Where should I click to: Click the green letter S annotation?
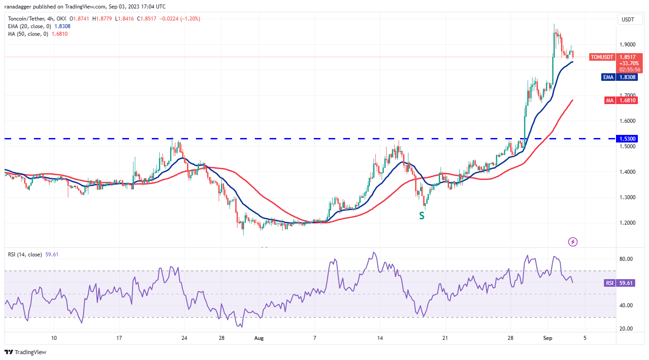tap(421, 216)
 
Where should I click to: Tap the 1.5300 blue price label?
tap(628, 139)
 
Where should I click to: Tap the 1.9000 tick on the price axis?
tap(628, 45)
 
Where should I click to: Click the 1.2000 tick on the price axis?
tap(628, 223)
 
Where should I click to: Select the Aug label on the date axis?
tap(259, 338)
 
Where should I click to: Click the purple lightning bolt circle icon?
tap(573, 242)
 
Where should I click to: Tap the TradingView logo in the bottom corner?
tap(26, 352)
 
